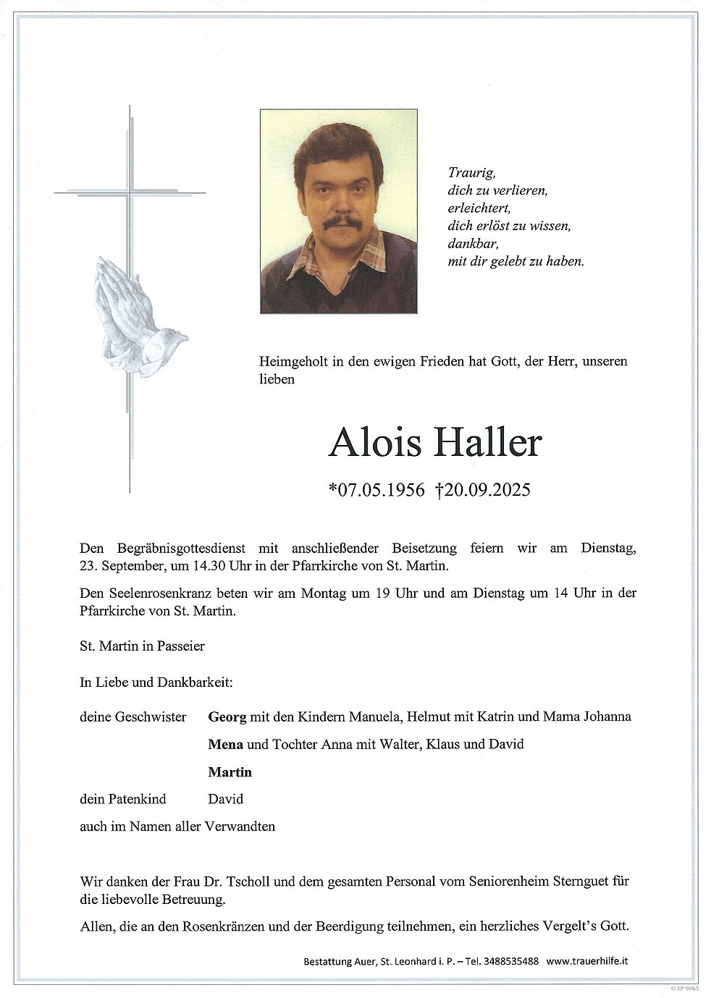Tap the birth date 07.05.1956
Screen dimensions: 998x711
pyautogui.click(x=376, y=491)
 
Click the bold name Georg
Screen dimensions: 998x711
pyautogui.click(x=227, y=716)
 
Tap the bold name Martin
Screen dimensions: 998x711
pyautogui.click(x=230, y=771)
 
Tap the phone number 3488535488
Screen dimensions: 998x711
pyautogui.click(x=510, y=961)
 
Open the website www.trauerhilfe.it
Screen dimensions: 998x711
pyautogui.click(x=586, y=961)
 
